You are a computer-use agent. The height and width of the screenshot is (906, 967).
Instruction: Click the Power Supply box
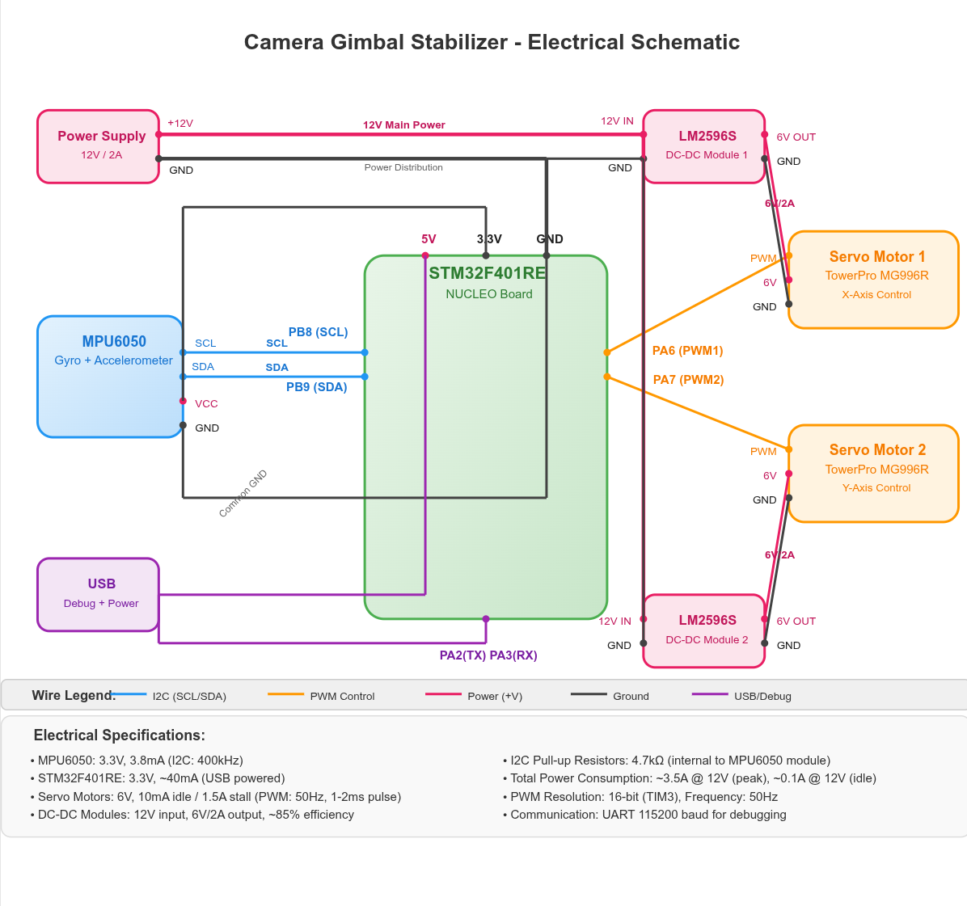tap(98, 146)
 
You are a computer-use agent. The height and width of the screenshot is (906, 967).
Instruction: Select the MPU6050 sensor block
tap(110, 377)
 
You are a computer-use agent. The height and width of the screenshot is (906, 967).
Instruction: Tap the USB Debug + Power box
tap(98, 594)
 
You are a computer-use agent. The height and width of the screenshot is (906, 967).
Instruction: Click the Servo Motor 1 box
tap(873, 280)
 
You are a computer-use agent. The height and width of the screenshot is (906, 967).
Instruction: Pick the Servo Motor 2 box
tap(873, 473)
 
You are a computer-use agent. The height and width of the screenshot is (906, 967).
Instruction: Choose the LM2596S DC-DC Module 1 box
tap(704, 146)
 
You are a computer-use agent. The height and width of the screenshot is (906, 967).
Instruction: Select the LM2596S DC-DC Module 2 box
tap(704, 630)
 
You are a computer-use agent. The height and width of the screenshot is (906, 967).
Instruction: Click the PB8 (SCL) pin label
tap(318, 332)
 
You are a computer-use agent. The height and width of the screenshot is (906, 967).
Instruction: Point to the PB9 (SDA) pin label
tap(316, 387)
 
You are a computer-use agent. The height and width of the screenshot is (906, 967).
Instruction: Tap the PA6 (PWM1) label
tap(687, 351)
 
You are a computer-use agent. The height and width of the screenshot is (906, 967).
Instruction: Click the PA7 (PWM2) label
tap(688, 380)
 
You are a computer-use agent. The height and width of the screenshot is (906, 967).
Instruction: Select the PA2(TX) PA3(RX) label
tap(488, 655)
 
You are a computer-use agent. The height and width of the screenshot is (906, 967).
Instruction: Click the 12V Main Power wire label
tap(403, 125)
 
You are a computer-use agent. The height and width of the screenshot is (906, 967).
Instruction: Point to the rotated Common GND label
tap(243, 493)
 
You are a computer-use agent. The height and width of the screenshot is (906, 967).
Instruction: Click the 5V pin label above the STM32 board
tap(429, 239)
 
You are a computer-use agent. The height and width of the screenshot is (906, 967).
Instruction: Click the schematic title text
tap(492, 42)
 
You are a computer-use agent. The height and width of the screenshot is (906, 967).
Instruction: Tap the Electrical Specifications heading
tap(119, 735)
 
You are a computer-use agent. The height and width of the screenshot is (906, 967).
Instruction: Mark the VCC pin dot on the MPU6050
tap(183, 401)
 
